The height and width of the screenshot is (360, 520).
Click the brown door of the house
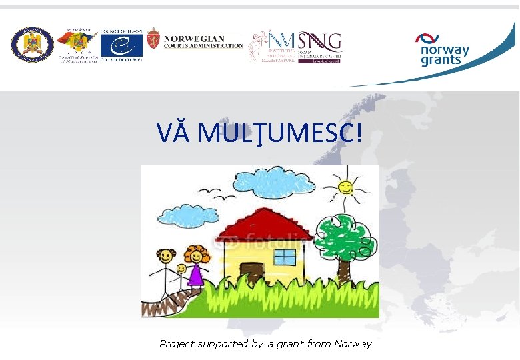tap(252, 273)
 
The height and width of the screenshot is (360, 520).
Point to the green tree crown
tap(343, 237)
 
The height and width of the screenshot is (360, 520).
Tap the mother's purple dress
tap(195, 275)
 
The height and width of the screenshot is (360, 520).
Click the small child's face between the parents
tap(181, 268)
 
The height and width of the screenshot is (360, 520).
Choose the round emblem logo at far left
tap(32, 45)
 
